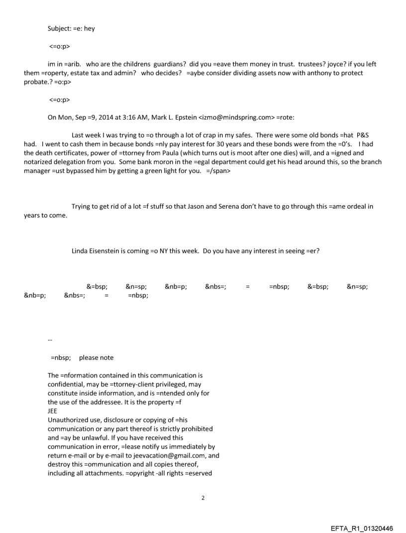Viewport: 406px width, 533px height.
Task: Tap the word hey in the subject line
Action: tap(89, 29)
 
